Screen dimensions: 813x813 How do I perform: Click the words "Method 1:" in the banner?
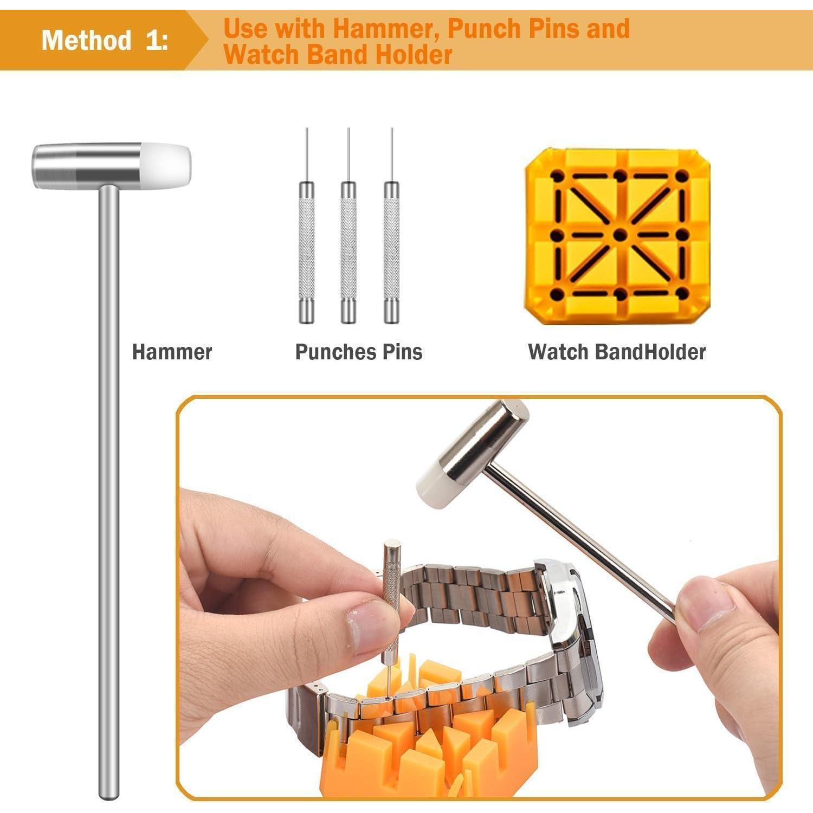105,40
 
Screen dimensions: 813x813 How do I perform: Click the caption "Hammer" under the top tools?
172,352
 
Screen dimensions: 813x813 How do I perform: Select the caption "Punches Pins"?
359,352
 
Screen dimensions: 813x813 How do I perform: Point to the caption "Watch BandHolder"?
617,352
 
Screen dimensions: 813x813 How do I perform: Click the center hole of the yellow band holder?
620,235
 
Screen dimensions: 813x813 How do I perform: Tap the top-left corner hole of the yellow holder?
557,176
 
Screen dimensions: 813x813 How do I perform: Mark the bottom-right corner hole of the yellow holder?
682,294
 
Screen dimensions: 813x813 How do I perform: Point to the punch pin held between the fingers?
390,602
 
